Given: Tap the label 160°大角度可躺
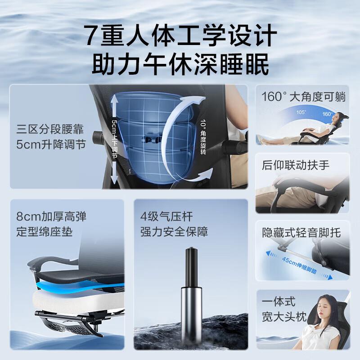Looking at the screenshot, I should click(302, 97).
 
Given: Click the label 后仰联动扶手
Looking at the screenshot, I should click(296, 165).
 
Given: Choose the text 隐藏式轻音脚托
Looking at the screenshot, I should click(301, 233).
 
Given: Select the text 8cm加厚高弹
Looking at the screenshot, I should click(50, 216).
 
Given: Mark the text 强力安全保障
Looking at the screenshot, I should click(174, 232).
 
